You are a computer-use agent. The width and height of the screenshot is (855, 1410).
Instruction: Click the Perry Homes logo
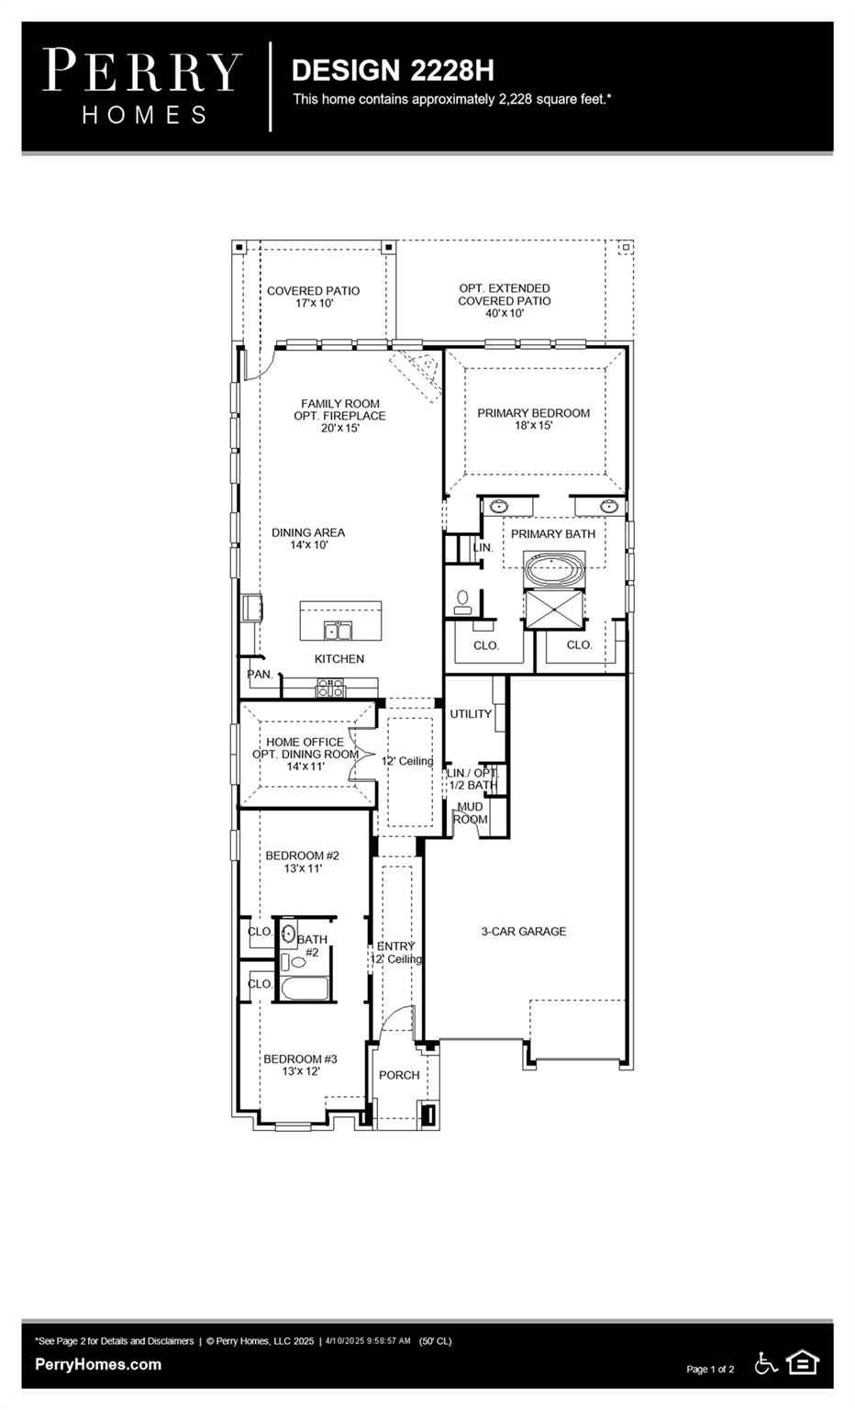(142, 86)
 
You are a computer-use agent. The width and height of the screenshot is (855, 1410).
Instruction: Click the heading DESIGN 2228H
(393, 71)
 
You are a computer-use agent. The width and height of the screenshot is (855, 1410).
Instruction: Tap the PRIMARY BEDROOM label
(534, 419)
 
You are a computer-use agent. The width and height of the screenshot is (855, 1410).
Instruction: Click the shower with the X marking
(554, 609)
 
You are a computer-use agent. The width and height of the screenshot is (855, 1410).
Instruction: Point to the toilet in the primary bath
(463, 602)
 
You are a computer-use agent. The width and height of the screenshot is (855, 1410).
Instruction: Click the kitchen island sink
(339, 630)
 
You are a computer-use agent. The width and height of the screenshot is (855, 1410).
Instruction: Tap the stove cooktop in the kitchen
(330, 688)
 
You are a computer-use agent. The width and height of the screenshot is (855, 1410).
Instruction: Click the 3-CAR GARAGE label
(524, 931)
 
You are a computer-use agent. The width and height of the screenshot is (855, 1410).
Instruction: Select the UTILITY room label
(471, 714)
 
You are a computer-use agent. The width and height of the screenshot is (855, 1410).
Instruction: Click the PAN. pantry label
(260, 674)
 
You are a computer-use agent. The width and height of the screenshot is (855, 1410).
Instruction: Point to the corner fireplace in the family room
(417, 374)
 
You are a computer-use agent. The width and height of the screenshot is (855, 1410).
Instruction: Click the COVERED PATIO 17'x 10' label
(314, 297)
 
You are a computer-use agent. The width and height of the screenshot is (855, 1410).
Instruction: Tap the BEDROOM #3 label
(300, 1065)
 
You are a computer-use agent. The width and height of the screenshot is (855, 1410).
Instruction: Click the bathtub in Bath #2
(305, 989)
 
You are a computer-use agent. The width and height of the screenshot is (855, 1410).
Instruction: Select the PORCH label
(399, 1075)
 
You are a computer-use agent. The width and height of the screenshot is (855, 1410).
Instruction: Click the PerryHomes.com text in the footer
(98, 1365)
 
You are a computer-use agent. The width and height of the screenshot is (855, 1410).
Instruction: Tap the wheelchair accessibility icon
(766, 1363)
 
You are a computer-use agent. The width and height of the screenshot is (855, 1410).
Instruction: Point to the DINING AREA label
(308, 538)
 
